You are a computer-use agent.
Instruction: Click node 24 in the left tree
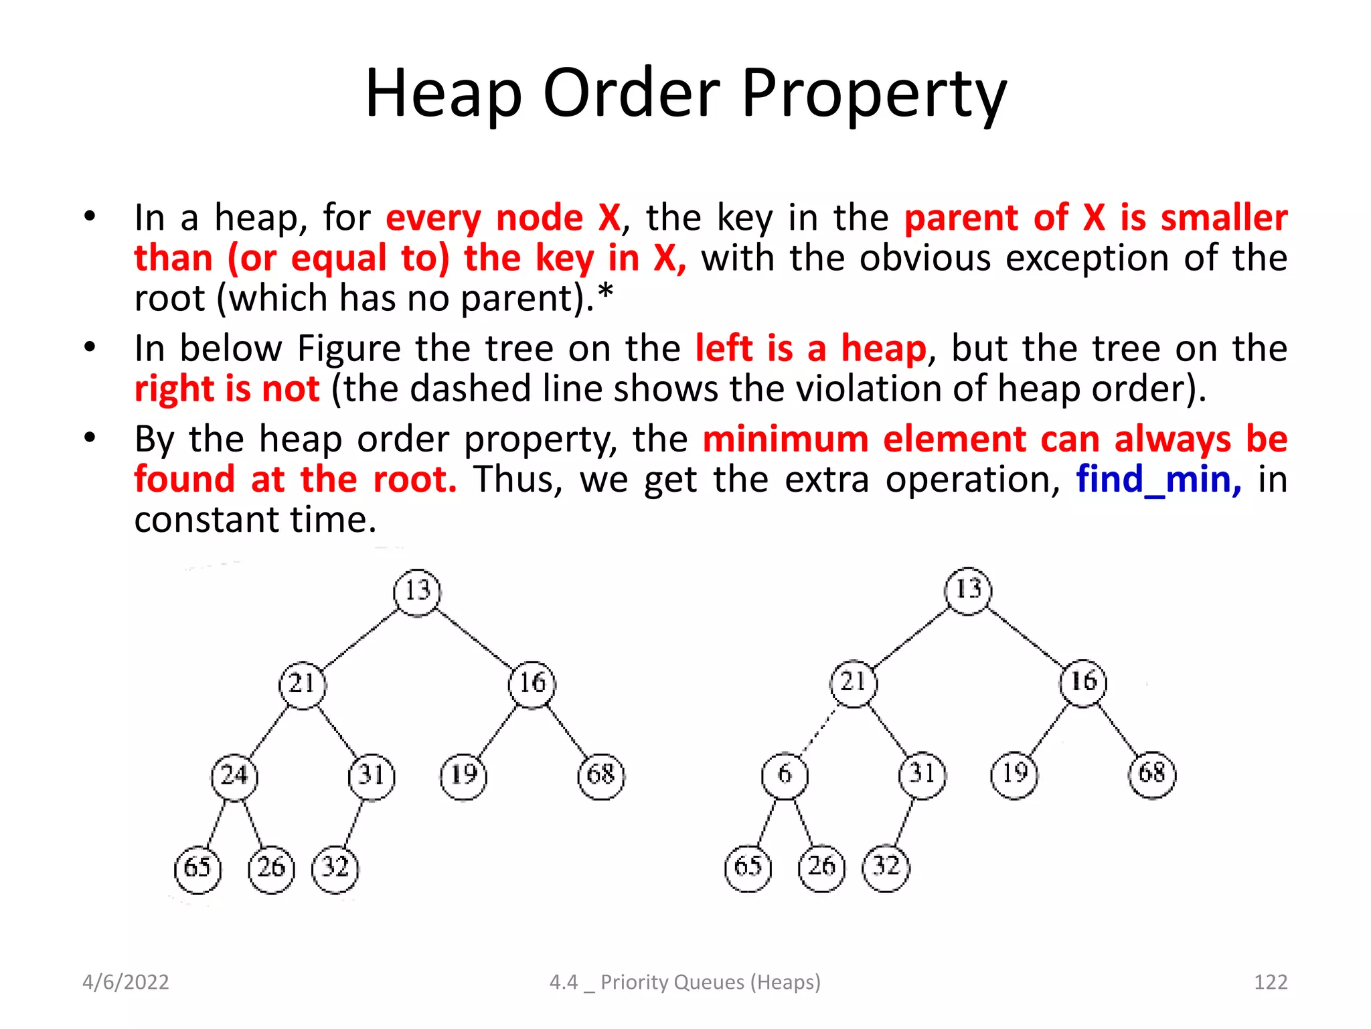tap(234, 776)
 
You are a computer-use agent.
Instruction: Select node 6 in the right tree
tap(785, 774)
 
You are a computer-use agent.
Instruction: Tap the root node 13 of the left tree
tap(417, 591)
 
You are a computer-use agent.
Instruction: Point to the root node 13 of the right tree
tap(968, 590)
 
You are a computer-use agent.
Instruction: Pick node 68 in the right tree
tap(1151, 774)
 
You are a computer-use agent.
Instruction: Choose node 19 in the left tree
tap(463, 776)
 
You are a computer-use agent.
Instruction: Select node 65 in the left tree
tap(197, 868)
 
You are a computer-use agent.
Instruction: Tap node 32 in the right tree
tap(886, 867)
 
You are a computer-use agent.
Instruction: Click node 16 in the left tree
tap(532, 683)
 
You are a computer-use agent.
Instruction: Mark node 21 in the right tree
tap(853, 682)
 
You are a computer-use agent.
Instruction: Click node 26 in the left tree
tap(271, 868)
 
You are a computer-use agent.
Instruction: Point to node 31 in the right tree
tap(922, 774)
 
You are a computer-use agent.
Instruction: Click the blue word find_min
tap(1158, 480)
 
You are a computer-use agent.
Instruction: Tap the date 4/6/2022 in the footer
tap(126, 982)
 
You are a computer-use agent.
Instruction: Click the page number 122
tap(1270, 982)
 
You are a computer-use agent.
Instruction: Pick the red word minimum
tap(785, 439)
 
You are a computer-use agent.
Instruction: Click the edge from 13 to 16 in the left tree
tap(475, 637)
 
